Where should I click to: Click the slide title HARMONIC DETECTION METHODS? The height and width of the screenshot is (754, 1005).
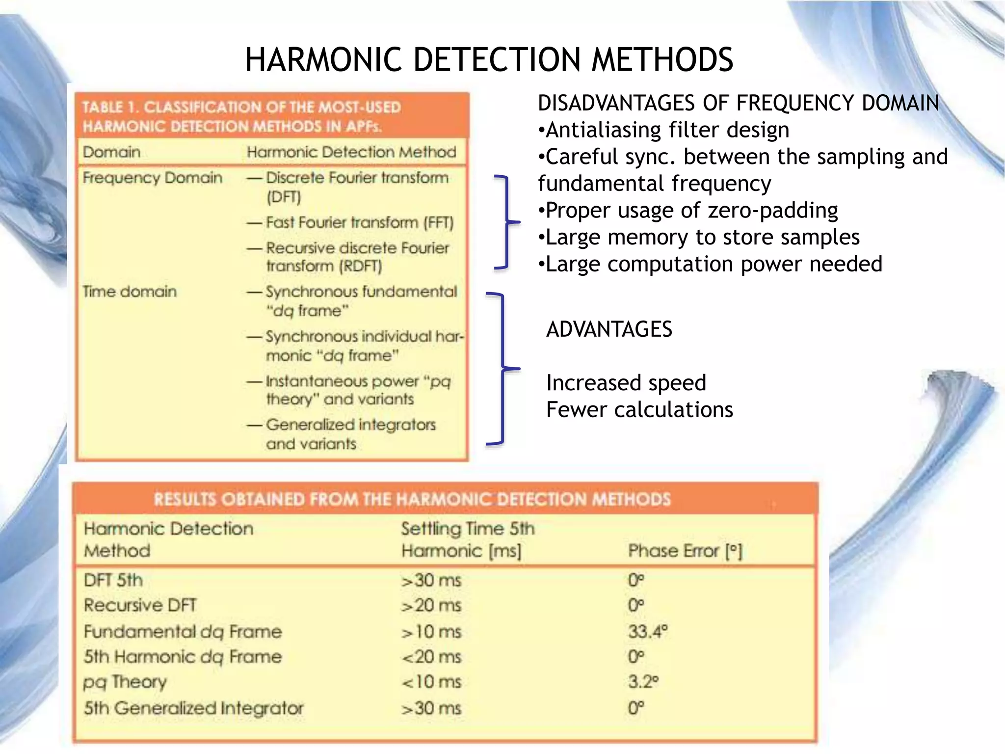489,59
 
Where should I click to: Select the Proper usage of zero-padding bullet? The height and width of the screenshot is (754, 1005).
688,211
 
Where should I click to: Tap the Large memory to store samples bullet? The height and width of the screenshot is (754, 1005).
699,238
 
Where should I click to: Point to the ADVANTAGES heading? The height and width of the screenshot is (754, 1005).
608,329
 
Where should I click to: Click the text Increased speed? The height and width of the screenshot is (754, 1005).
626,383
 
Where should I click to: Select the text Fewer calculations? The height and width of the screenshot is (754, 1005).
639,410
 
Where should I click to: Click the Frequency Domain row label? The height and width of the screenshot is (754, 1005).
152,178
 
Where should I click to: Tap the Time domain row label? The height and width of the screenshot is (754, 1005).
130,292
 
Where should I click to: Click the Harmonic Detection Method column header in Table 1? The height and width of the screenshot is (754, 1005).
351,152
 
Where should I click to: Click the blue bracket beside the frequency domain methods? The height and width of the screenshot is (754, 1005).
505,222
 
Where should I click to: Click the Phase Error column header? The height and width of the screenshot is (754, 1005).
685,551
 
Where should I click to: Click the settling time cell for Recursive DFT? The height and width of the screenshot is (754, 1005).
431,606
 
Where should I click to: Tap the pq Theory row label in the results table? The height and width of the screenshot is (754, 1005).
125,682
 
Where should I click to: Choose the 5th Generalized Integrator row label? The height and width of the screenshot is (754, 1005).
193,708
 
